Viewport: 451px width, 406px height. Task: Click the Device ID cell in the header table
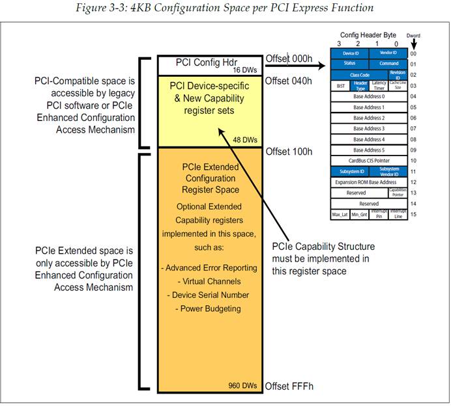pos(350,53)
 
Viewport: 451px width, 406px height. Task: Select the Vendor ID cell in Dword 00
pos(389,53)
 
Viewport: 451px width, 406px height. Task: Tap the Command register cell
pos(389,64)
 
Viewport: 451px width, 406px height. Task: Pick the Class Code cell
pos(360,75)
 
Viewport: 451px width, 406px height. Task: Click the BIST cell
pos(340,85)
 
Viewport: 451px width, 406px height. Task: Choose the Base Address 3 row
pos(370,128)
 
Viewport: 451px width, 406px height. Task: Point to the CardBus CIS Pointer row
pos(370,160)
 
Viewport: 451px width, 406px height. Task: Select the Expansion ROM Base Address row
pos(370,182)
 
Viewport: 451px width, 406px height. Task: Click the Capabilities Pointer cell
pos(398,192)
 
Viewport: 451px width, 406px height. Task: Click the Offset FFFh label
pos(289,386)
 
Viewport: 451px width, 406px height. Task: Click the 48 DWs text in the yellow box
pos(246,139)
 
